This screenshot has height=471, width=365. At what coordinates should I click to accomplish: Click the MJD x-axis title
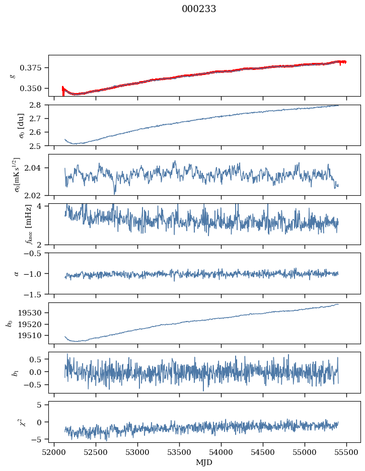[204, 462]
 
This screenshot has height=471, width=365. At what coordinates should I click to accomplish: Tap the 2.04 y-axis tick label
[37, 168]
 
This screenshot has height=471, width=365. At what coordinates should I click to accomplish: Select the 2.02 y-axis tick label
[37, 195]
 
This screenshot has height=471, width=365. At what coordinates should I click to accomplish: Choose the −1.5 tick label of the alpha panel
[35, 294]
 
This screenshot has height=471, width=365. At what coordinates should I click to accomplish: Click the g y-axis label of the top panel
[13, 75]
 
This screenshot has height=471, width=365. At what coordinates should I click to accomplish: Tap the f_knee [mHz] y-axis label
[13, 224]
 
